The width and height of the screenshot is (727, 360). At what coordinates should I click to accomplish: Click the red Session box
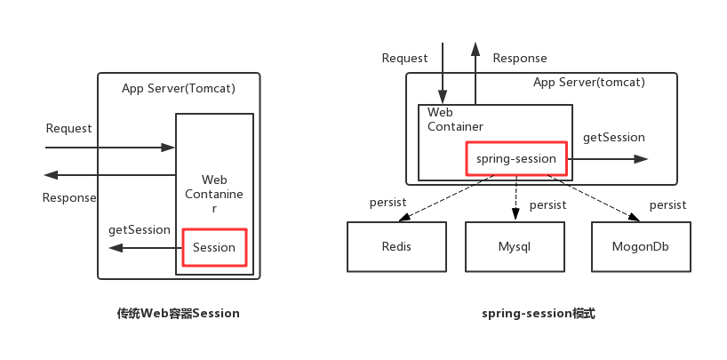pyautogui.click(x=214, y=247)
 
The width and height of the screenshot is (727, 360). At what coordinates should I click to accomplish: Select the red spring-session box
pyautogui.click(x=516, y=159)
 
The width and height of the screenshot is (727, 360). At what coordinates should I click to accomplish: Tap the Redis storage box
pyautogui.click(x=396, y=246)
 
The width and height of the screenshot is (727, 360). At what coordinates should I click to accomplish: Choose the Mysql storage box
pyautogui.click(x=515, y=246)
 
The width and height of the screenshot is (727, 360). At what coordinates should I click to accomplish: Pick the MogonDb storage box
pyautogui.click(x=640, y=246)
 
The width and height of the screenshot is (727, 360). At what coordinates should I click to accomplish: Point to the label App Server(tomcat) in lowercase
pyautogui.click(x=588, y=83)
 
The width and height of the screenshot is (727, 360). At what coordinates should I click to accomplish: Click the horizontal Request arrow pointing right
pyautogui.click(x=111, y=148)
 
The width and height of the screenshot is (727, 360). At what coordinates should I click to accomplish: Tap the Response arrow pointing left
pyautogui.click(x=107, y=175)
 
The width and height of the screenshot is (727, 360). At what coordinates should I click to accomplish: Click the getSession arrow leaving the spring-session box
pyautogui.click(x=609, y=159)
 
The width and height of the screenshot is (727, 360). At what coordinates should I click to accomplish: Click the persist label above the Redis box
pyautogui.click(x=387, y=203)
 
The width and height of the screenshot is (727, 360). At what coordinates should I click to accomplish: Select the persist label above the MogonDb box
pyautogui.click(x=667, y=205)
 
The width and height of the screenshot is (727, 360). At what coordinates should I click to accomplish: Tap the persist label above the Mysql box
pyautogui.click(x=547, y=205)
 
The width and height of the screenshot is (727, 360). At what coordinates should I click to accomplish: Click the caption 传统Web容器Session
pyautogui.click(x=178, y=314)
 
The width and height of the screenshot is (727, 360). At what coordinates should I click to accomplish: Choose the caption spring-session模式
pyautogui.click(x=539, y=314)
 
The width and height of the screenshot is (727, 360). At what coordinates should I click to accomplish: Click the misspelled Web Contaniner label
pyautogui.click(x=214, y=194)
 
